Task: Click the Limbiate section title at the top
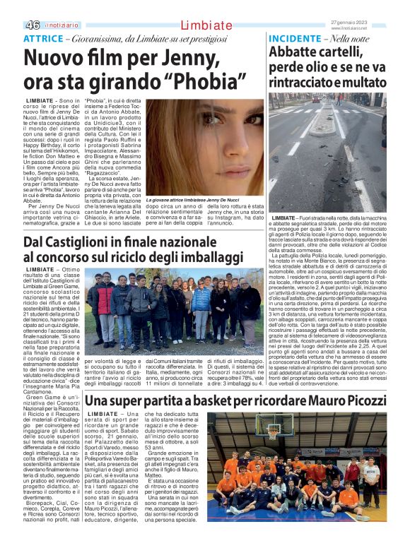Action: point(204,25)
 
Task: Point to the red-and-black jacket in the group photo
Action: point(104,297)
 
